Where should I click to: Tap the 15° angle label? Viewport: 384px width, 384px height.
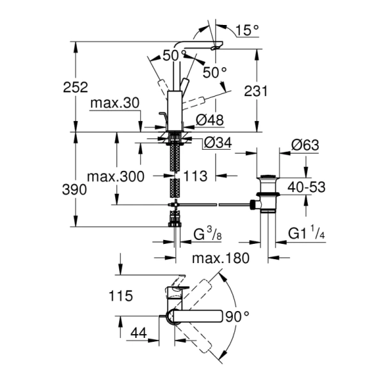[247, 29]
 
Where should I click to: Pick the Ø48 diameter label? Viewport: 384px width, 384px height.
[209, 119]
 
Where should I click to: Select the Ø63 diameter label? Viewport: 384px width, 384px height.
[306, 145]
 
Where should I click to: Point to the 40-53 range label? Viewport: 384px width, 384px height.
[307, 188]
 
